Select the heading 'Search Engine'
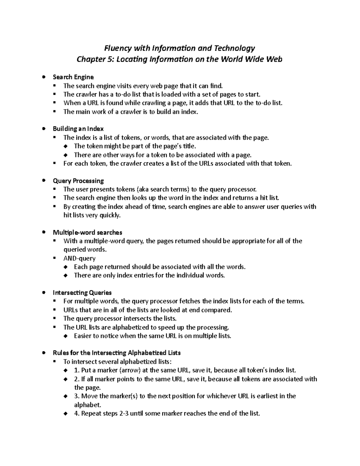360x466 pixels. click(73, 77)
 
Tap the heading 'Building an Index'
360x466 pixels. click(78, 129)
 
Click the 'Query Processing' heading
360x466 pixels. click(78, 181)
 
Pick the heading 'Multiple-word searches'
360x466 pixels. click(87, 232)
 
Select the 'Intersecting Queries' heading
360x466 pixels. click(82, 293)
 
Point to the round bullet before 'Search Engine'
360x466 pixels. click(44, 77)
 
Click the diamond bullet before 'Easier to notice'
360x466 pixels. click(66, 336)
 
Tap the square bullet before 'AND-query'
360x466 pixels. click(54, 258)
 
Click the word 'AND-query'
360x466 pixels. click(79, 258)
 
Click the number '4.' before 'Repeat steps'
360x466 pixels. click(77, 413)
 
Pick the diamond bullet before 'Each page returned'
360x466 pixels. click(66, 267)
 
